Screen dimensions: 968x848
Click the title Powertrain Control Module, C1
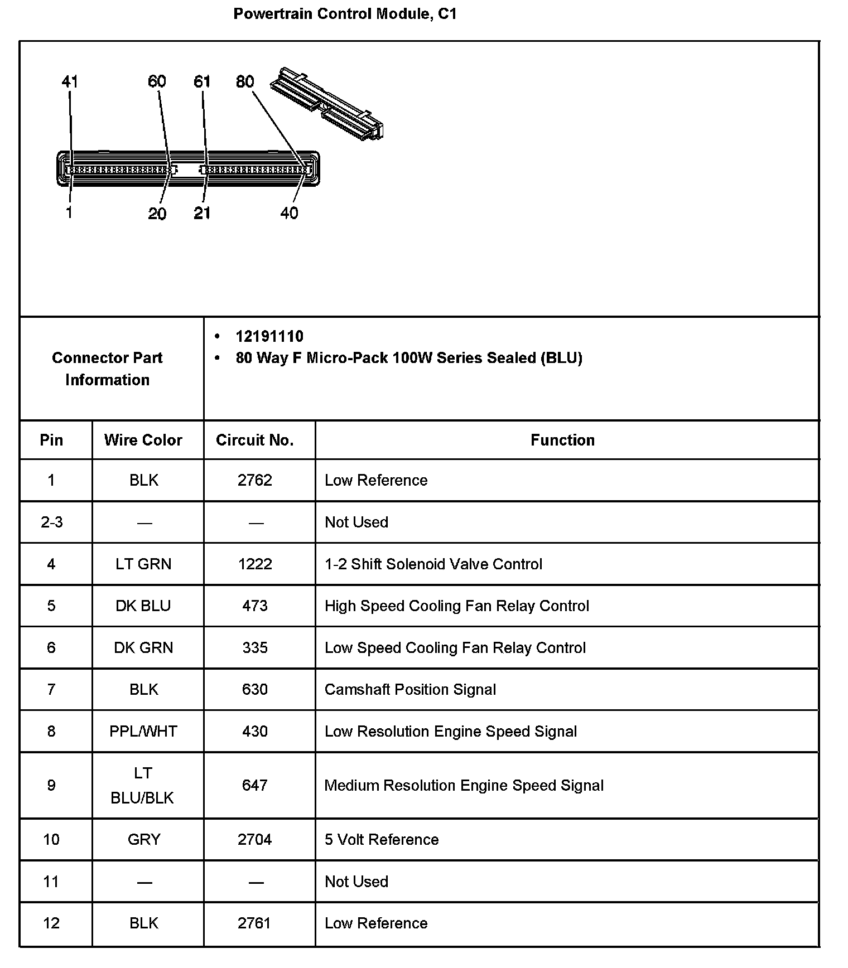345,14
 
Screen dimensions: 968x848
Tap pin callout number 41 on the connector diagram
70,82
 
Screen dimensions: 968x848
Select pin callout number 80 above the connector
245,82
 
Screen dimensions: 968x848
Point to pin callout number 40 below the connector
289,213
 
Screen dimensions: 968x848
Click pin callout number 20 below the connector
157,214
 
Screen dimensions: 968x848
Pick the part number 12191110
269,336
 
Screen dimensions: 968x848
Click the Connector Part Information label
107,369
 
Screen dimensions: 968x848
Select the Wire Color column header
143,440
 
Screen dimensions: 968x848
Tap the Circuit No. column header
255,440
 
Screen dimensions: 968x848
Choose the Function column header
562,440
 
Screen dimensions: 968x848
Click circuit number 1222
255,564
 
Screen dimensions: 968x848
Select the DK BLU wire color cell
143,606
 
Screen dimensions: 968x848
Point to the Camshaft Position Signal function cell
410,689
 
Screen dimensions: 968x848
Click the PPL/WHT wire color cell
143,731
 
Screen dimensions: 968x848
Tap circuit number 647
255,785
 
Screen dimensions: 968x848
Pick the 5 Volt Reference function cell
382,839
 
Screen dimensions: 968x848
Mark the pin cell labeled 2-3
52,522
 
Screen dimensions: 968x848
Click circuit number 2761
254,923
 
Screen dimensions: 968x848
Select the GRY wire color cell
144,839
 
